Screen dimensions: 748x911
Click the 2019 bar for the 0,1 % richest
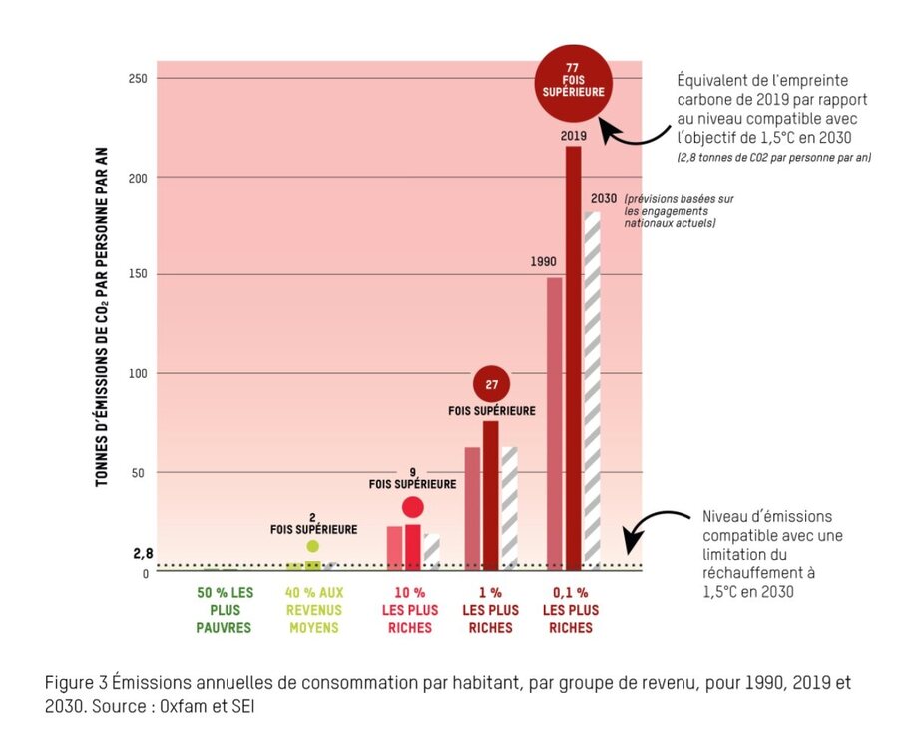point(573,359)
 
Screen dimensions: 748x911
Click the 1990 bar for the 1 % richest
point(472,509)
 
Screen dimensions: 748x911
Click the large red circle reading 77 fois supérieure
point(573,79)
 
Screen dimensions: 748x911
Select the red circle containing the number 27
point(491,383)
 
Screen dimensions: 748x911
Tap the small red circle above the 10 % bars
point(412,507)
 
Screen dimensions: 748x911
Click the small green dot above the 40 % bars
point(313,546)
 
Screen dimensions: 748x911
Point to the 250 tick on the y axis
point(138,78)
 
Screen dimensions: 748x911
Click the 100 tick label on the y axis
point(138,374)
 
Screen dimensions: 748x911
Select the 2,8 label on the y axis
point(142,552)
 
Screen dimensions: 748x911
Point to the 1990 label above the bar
point(544,263)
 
